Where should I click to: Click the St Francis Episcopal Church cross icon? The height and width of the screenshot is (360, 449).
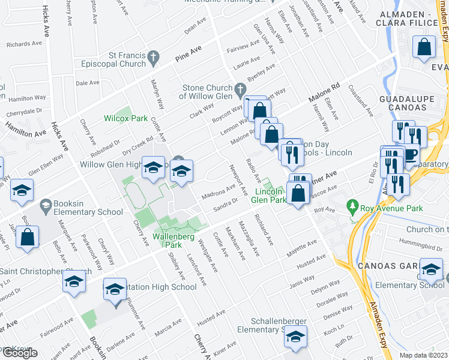(153, 58)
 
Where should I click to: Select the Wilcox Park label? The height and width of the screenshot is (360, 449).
(125, 118)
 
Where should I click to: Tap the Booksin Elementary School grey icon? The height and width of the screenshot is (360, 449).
(46, 208)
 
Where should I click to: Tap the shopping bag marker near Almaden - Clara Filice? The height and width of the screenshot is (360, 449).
(424, 49)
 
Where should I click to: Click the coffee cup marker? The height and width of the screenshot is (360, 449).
(410, 155)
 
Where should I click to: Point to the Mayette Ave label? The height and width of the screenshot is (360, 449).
(301, 250)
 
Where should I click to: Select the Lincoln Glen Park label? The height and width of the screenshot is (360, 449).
(268, 195)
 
